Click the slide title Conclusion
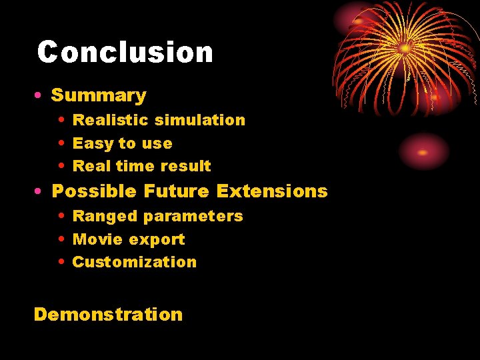click(125, 52)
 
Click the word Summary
click(99, 95)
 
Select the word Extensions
click(272, 191)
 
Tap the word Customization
click(135, 262)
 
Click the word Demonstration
click(108, 314)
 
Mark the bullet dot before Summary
click(39, 96)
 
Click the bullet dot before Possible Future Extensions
click(39, 192)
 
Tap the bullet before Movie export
click(61, 239)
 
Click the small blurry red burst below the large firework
click(424, 151)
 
